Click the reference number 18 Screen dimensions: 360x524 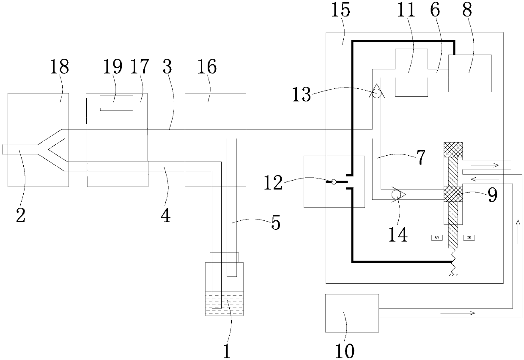(x=59, y=67)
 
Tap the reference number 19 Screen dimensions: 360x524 (x=112, y=66)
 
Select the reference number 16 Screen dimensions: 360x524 (x=207, y=66)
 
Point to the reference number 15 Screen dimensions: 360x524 (x=340, y=10)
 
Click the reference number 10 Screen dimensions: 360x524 (x=346, y=350)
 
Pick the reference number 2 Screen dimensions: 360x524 (x=20, y=214)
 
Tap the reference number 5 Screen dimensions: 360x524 (x=275, y=223)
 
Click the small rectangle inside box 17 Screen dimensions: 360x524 (x=116, y=103)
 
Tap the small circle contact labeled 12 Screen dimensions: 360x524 (x=334, y=182)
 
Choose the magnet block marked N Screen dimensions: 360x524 (x=469, y=237)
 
